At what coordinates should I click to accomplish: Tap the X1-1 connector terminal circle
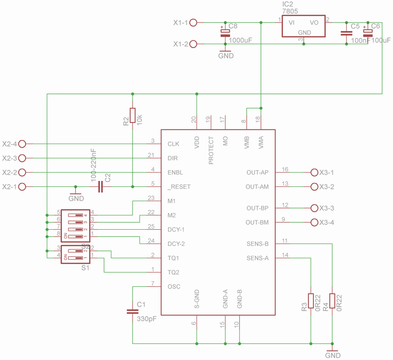(x=194, y=23)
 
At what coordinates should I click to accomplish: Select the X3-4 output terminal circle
(x=315, y=222)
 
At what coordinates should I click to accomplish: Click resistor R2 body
(x=132, y=117)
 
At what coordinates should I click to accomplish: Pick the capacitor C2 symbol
(x=101, y=187)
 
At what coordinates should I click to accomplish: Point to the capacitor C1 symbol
(x=132, y=311)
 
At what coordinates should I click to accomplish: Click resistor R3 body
(x=311, y=301)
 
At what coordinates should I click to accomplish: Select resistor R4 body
(x=333, y=301)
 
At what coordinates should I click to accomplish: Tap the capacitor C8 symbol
(x=225, y=33)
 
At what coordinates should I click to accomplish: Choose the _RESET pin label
(x=179, y=187)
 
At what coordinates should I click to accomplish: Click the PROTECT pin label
(x=211, y=150)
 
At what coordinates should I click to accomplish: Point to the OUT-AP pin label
(x=257, y=173)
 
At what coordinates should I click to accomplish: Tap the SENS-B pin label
(x=257, y=243)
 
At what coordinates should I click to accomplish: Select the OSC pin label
(x=174, y=286)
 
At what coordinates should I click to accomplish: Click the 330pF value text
(x=146, y=319)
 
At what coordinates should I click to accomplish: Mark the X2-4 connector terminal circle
(x=21, y=144)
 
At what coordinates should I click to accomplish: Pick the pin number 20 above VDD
(x=194, y=120)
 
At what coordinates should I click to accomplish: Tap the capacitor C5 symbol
(x=347, y=33)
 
